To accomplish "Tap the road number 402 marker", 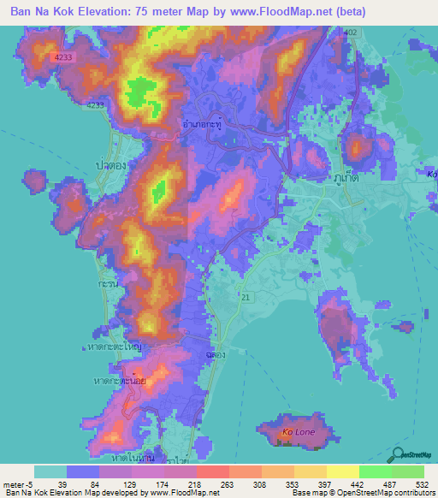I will pyautogui.click(x=349, y=32).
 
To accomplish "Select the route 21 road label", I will pyautogui.click(x=246, y=296).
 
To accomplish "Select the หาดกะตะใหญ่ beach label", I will pyautogui.click(x=114, y=347).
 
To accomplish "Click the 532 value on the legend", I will pyautogui.click(x=422, y=486).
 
